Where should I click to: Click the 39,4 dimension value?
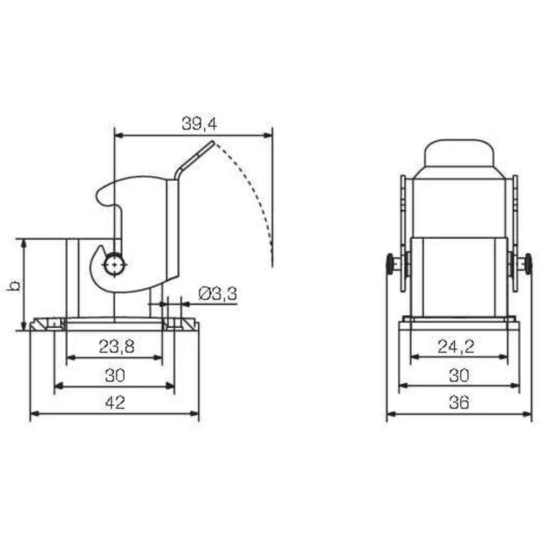pyautogui.click(x=198, y=125)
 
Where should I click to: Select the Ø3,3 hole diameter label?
pyautogui.click(x=218, y=294)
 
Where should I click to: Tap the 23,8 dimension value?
pyautogui.click(x=116, y=347)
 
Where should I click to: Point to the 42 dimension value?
pyautogui.click(x=115, y=403)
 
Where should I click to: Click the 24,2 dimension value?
pyautogui.click(x=456, y=347)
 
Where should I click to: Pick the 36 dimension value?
pyautogui.click(x=458, y=403)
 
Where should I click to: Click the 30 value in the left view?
pyautogui.click(x=115, y=375)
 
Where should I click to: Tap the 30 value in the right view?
pyautogui.click(x=459, y=375)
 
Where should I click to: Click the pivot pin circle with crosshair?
pyautogui.click(x=115, y=265)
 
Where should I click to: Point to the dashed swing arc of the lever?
pyautogui.click(x=253, y=194)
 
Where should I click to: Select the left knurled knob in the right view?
pyautogui.click(x=390, y=264)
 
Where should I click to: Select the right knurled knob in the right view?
pyautogui.click(x=528, y=264)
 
